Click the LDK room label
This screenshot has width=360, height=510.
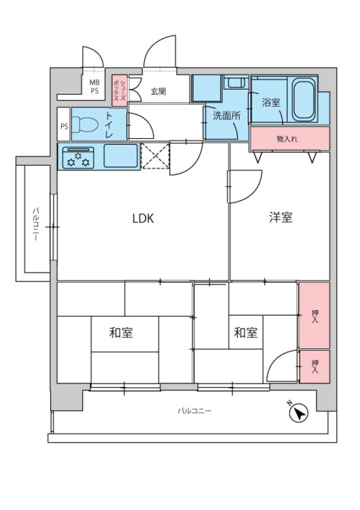pyautogui.click(x=143, y=218)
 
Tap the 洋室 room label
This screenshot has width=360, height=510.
pyautogui.click(x=281, y=218)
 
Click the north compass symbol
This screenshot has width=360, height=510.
pyautogui.click(x=299, y=413)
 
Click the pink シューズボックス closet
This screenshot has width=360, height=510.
pyautogui.click(x=120, y=90)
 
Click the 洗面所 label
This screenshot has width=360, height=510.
pyautogui.click(x=226, y=116)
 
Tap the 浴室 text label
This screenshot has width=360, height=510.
pyautogui.click(x=272, y=103)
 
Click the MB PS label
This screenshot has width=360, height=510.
pyautogui.click(x=94, y=86)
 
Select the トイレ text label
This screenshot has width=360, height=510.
pyautogui.click(x=109, y=126)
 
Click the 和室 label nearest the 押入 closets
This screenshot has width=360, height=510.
pyautogui.click(x=246, y=333)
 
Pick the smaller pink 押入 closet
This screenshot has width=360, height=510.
pyautogui.click(x=314, y=367)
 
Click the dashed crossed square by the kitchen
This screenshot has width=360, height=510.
pyautogui.click(x=154, y=157)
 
